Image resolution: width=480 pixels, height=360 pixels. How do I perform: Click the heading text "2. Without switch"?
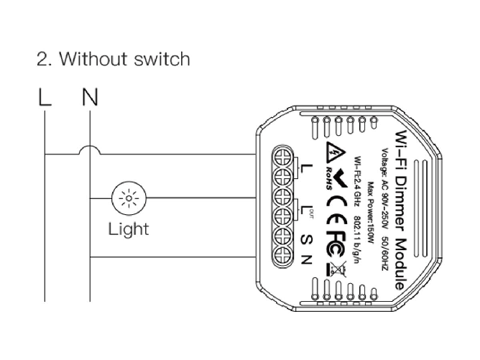(113, 59)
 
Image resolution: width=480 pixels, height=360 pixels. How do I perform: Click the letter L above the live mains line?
(45, 98)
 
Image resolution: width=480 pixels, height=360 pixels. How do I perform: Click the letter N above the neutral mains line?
(89, 98)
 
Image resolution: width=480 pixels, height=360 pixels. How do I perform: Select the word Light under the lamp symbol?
(128, 229)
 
